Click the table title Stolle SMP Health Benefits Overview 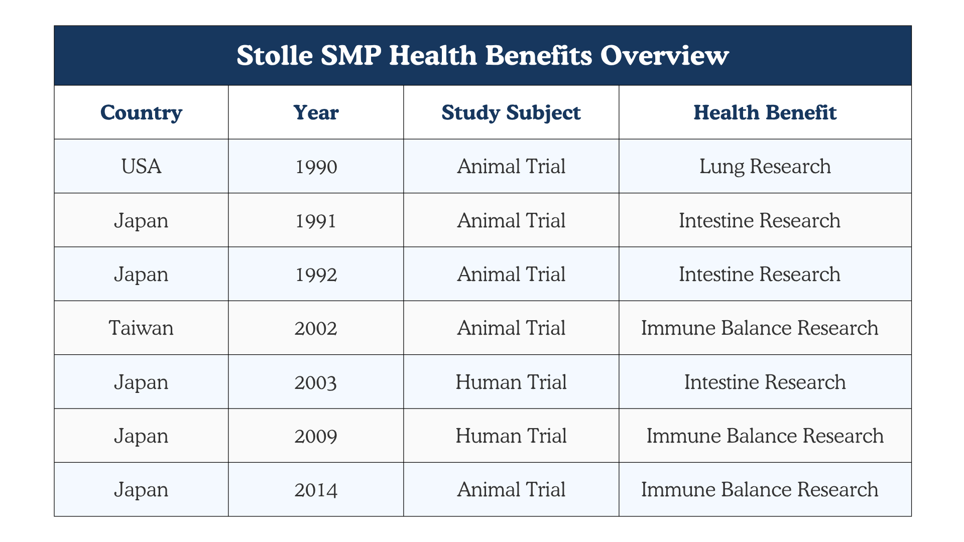pyautogui.click(x=483, y=55)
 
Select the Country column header pyautogui.click(x=141, y=112)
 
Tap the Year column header pyautogui.click(x=316, y=112)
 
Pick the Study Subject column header pyautogui.click(x=511, y=112)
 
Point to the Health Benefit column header pyautogui.click(x=765, y=112)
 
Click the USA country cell pyautogui.click(x=141, y=167)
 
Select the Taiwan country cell pyautogui.click(x=141, y=328)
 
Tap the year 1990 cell pyautogui.click(x=316, y=167)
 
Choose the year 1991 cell pyautogui.click(x=316, y=221)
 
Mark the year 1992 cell pyautogui.click(x=316, y=275)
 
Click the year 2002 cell pyautogui.click(x=316, y=328)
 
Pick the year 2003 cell pyautogui.click(x=316, y=382)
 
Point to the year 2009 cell pyautogui.click(x=316, y=436)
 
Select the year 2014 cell pyautogui.click(x=316, y=490)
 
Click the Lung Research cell pyautogui.click(x=765, y=167)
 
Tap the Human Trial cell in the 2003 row pyautogui.click(x=511, y=382)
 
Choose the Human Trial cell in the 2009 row pyautogui.click(x=511, y=436)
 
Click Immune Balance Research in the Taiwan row pyautogui.click(x=760, y=328)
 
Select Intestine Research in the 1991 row pyautogui.click(x=760, y=221)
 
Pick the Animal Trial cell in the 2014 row pyautogui.click(x=511, y=490)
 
